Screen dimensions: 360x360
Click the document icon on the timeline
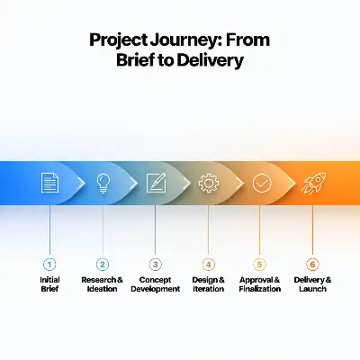pos(49,183)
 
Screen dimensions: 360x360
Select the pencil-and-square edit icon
pos(156,183)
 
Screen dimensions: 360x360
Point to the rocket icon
pos(314,183)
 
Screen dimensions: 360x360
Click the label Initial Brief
pos(49,284)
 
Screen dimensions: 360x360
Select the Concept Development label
pos(156,284)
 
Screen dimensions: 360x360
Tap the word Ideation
pos(102,289)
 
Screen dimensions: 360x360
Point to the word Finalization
pos(260,289)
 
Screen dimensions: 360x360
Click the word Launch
pos(312,289)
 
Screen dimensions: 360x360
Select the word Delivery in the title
pos(210,60)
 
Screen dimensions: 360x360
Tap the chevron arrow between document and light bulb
pos(81,183)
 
